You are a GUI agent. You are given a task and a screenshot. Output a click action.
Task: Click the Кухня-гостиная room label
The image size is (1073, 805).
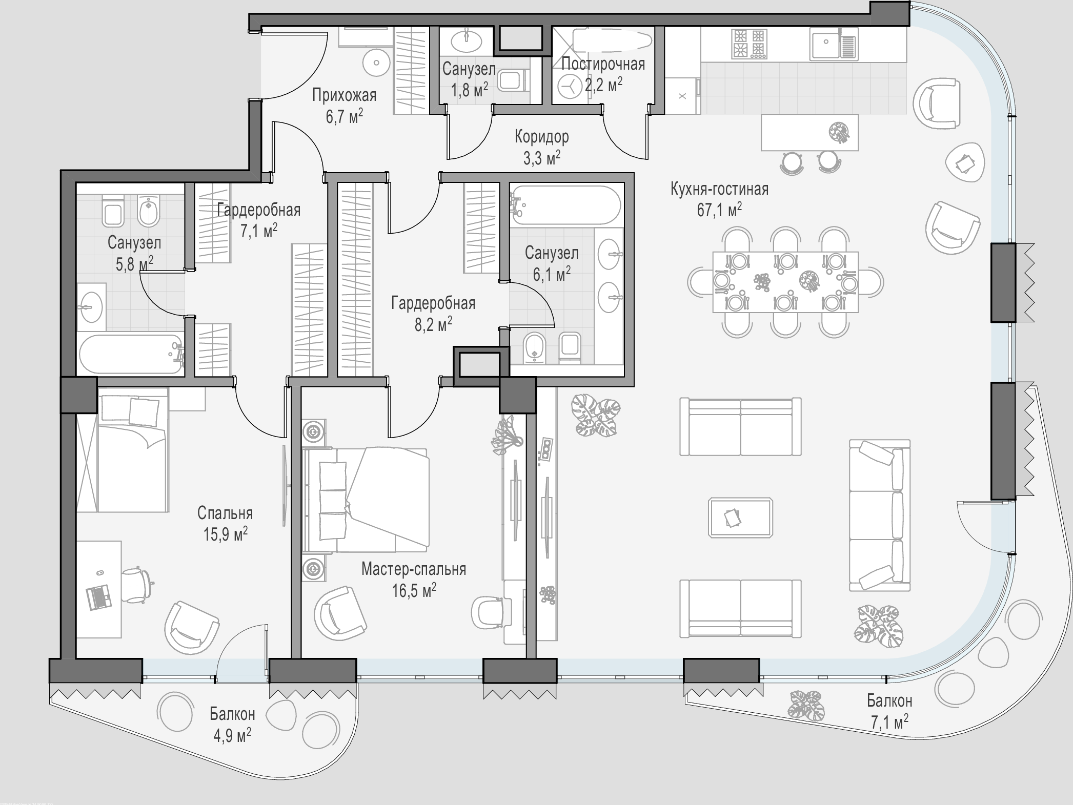(719, 189)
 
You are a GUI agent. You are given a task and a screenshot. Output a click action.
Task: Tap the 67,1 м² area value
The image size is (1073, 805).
(719, 210)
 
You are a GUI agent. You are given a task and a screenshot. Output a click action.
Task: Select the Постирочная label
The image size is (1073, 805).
(603, 64)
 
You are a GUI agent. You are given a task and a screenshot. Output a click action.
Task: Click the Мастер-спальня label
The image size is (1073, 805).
(414, 569)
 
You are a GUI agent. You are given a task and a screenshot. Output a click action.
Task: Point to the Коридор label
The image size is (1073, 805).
(542, 137)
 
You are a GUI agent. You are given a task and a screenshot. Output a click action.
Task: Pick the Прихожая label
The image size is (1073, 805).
(344, 95)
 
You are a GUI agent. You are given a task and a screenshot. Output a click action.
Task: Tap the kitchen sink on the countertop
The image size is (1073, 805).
(833, 44)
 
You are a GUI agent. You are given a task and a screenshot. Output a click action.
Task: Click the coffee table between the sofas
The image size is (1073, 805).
(741, 517)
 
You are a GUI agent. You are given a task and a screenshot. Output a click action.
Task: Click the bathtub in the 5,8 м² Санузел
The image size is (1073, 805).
(131, 354)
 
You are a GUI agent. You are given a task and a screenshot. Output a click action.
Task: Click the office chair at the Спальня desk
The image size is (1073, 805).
(137, 581)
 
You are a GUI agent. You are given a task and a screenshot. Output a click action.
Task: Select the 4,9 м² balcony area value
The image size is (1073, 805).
(232, 736)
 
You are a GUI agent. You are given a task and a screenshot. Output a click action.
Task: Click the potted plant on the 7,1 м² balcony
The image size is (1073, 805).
(807, 705)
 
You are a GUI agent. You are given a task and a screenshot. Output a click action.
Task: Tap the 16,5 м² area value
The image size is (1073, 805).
(414, 591)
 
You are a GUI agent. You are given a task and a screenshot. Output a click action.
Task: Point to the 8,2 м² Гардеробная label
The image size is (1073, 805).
(433, 314)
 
